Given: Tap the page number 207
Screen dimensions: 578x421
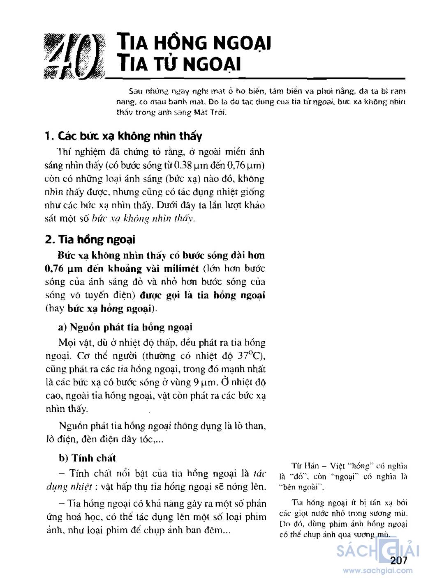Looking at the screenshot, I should (x=399, y=561).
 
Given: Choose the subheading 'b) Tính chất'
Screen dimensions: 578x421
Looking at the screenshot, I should (x=87, y=458).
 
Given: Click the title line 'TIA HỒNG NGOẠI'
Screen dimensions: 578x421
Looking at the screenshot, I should (x=193, y=43).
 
